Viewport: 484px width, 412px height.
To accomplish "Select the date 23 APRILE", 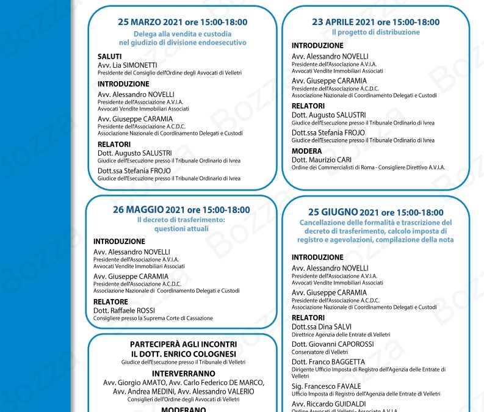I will click(336, 22).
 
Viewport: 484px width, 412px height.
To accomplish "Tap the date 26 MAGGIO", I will click(139, 209).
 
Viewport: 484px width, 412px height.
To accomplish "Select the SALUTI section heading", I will click(110, 56).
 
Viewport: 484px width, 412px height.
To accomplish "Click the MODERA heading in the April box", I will click(306, 151).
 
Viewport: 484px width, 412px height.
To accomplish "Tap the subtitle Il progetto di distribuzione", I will click(375, 32).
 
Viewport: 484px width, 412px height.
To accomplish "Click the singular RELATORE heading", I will click(110, 302).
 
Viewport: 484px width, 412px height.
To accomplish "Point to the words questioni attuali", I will click(181, 229).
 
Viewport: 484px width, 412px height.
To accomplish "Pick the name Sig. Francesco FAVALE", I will click(325, 386).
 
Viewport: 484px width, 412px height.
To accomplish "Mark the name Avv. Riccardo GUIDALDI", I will click(329, 403).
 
